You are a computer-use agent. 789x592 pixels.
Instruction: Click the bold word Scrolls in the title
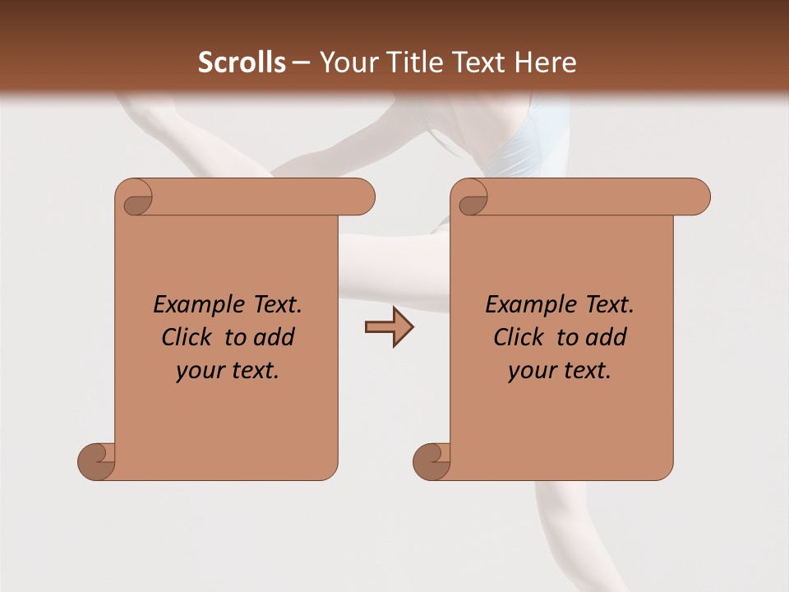(x=242, y=62)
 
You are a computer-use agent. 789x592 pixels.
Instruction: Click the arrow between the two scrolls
(x=389, y=327)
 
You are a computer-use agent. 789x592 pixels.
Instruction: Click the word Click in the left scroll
(x=187, y=337)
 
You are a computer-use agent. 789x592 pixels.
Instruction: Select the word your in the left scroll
(x=200, y=371)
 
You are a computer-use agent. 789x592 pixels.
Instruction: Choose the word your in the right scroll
(x=532, y=371)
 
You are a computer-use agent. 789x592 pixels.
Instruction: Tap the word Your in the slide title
(x=348, y=62)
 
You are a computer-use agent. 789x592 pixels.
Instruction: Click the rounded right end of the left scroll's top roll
(x=362, y=197)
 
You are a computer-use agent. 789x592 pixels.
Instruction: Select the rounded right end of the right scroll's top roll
(x=697, y=197)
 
